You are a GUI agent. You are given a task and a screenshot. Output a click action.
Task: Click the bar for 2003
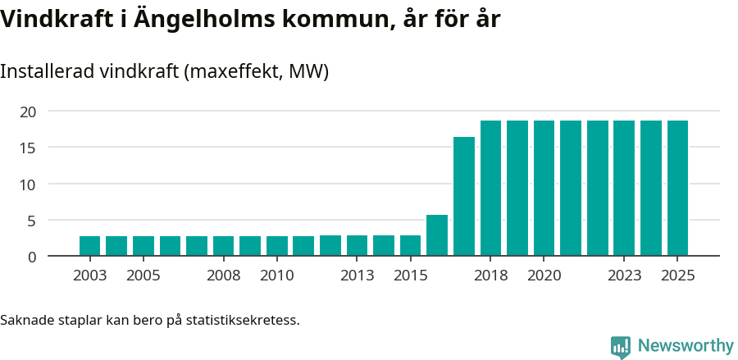pos(89,246)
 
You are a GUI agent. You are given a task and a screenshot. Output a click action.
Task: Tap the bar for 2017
pos(464,197)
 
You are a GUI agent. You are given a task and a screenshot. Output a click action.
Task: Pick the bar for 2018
pos(490,189)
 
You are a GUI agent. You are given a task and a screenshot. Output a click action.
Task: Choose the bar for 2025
pos(677,189)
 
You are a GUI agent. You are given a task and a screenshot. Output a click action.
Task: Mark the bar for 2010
pos(277,246)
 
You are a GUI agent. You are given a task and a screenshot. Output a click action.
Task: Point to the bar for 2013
pos(357,246)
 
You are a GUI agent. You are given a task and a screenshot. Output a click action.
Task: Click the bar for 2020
pos(544,189)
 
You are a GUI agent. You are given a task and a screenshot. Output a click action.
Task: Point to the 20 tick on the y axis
pos(29,112)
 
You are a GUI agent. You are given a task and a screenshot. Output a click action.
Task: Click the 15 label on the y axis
pos(29,148)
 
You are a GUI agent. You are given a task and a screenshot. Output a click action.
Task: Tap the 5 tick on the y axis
pos(32,221)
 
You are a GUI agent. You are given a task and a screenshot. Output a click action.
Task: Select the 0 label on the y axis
pos(32,257)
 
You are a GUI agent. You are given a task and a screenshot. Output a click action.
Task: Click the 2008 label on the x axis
pos(223,276)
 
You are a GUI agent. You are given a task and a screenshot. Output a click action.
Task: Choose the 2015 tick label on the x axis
pos(410,276)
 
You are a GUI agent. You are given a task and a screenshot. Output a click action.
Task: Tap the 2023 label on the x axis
pos(624,276)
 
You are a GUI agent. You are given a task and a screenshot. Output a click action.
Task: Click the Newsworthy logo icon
pos(621,347)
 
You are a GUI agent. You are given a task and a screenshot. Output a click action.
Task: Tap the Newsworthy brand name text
pos(686,346)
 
